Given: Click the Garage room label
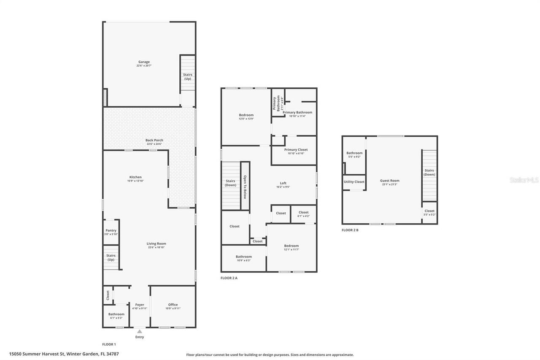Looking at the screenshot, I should click(x=144, y=62).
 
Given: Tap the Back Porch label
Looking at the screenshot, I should click(x=154, y=140).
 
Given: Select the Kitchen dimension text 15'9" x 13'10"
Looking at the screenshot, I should click(x=135, y=181).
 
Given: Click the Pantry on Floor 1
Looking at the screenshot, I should click(x=111, y=232).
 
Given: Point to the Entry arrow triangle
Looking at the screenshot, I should click(x=140, y=331).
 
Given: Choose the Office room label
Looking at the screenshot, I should click(x=173, y=305).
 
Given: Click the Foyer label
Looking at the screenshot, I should click(x=140, y=305).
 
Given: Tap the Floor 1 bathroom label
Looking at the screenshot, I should click(x=116, y=314).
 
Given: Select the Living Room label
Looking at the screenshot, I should click(x=156, y=244).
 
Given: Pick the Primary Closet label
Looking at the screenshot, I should click(x=296, y=150).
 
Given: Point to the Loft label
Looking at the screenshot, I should click(x=283, y=183).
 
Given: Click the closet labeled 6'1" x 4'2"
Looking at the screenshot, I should click(x=303, y=214).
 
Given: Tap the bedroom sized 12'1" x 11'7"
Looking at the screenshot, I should click(x=291, y=247).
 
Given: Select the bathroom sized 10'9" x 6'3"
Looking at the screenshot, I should click(x=243, y=258).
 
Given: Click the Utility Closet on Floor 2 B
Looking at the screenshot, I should click(x=354, y=182).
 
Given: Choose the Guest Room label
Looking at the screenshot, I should click(x=389, y=181).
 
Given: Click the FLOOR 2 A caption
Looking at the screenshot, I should click(x=229, y=278).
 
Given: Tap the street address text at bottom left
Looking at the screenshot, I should click(x=64, y=354).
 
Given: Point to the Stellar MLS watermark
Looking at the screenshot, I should click(x=524, y=180).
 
